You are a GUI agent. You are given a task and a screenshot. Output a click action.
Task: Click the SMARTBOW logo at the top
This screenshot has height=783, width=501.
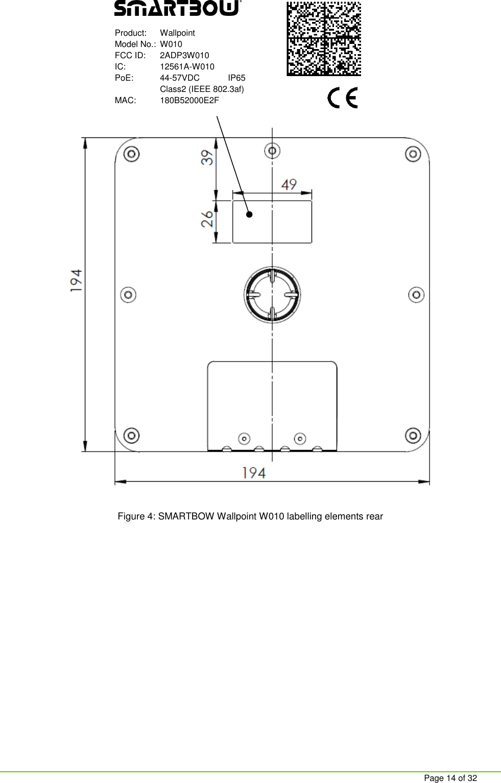pyautogui.click(x=177, y=9)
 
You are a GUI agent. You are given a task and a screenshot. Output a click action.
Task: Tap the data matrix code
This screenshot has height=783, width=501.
pyautogui.click(x=324, y=38)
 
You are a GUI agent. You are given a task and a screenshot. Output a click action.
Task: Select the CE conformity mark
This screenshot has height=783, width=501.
pyautogui.click(x=342, y=98)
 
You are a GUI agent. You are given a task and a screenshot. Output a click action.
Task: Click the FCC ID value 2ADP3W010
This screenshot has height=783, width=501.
pyautogui.click(x=184, y=55)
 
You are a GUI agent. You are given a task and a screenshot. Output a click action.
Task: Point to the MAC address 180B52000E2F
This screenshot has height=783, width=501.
pyautogui.click(x=189, y=100)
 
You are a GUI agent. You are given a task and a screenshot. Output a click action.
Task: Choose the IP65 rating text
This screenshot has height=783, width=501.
pyautogui.click(x=236, y=78)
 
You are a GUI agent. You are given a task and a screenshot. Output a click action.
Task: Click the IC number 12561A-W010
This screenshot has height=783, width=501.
pyautogui.click(x=187, y=66)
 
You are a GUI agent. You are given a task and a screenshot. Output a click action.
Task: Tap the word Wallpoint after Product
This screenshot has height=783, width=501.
pyautogui.click(x=177, y=33)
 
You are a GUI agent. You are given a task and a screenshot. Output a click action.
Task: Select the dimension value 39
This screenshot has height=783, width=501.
pyautogui.click(x=207, y=157)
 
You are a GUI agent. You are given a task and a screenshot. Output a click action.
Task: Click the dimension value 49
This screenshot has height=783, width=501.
pyautogui.click(x=289, y=184)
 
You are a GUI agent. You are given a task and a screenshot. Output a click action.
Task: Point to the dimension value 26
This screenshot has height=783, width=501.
pyautogui.click(x=207, y=219)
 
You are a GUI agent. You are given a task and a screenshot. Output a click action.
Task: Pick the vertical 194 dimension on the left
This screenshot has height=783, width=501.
pyautogui.click(x=76, y=280)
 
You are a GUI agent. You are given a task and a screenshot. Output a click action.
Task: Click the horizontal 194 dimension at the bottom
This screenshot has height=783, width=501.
pyautogui.click(x=254, y=473)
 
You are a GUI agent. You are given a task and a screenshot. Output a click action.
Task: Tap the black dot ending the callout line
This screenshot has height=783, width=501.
pyautogui.click(x=249, y=215)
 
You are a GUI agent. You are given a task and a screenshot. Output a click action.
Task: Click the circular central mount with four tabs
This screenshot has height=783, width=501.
pyautogui.click(x=272, y=295)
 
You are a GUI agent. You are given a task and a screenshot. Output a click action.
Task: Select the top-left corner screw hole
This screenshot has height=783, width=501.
pyautogui.click(x=132, y=154)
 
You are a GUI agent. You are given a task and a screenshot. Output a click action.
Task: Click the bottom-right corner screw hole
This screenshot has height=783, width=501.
pyautogui.click(x=413, y=436)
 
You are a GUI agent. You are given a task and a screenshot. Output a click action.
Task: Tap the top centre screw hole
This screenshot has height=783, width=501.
pyautogui.click(x=272, y=151)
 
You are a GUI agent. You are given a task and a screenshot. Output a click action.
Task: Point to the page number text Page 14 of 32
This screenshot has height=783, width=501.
pyautogui.click(x=450, y=778)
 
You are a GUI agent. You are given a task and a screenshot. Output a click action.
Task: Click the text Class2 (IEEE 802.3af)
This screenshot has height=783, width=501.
pyautogui.click(x=202, y=89)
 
